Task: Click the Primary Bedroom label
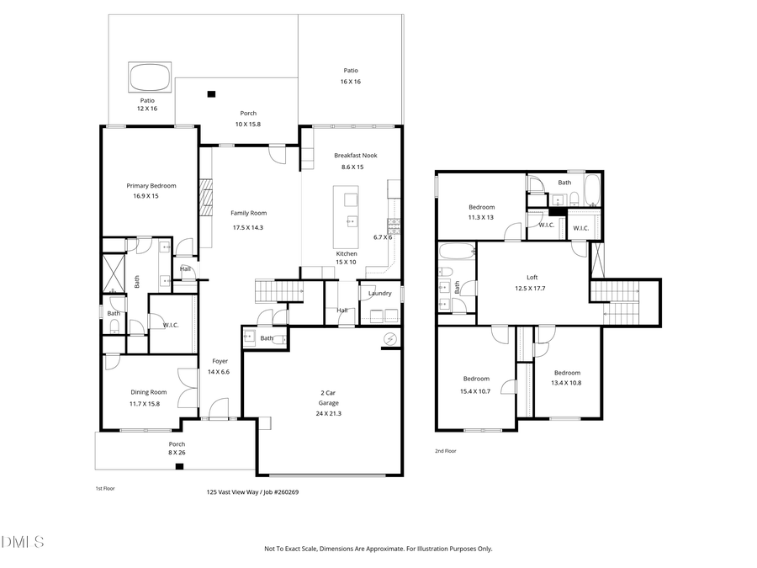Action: click(x=151, y=185)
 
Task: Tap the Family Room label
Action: click(x=248, y=213)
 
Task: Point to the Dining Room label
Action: click(x=148, y=392)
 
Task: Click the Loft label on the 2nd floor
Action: click(x=532, y=277)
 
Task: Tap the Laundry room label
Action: click(x=379, y=293)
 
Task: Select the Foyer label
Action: click(x=220, y=361)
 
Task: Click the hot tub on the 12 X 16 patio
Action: click(x=150, y=77)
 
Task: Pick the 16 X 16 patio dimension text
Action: click(x=351, y=82)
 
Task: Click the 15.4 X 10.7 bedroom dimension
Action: click(x=475, y=391)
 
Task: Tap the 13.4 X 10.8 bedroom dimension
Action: click(x=566, y=383)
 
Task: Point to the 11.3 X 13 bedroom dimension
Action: click(x=481, y=217)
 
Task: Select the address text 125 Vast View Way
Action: click(x=232, y=492)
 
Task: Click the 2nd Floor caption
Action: click(x=446, y=451)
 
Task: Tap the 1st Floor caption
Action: click(x=105, y=488)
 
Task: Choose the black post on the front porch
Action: click(x=179, y=466)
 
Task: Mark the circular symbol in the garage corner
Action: click(x=389, y=339)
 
